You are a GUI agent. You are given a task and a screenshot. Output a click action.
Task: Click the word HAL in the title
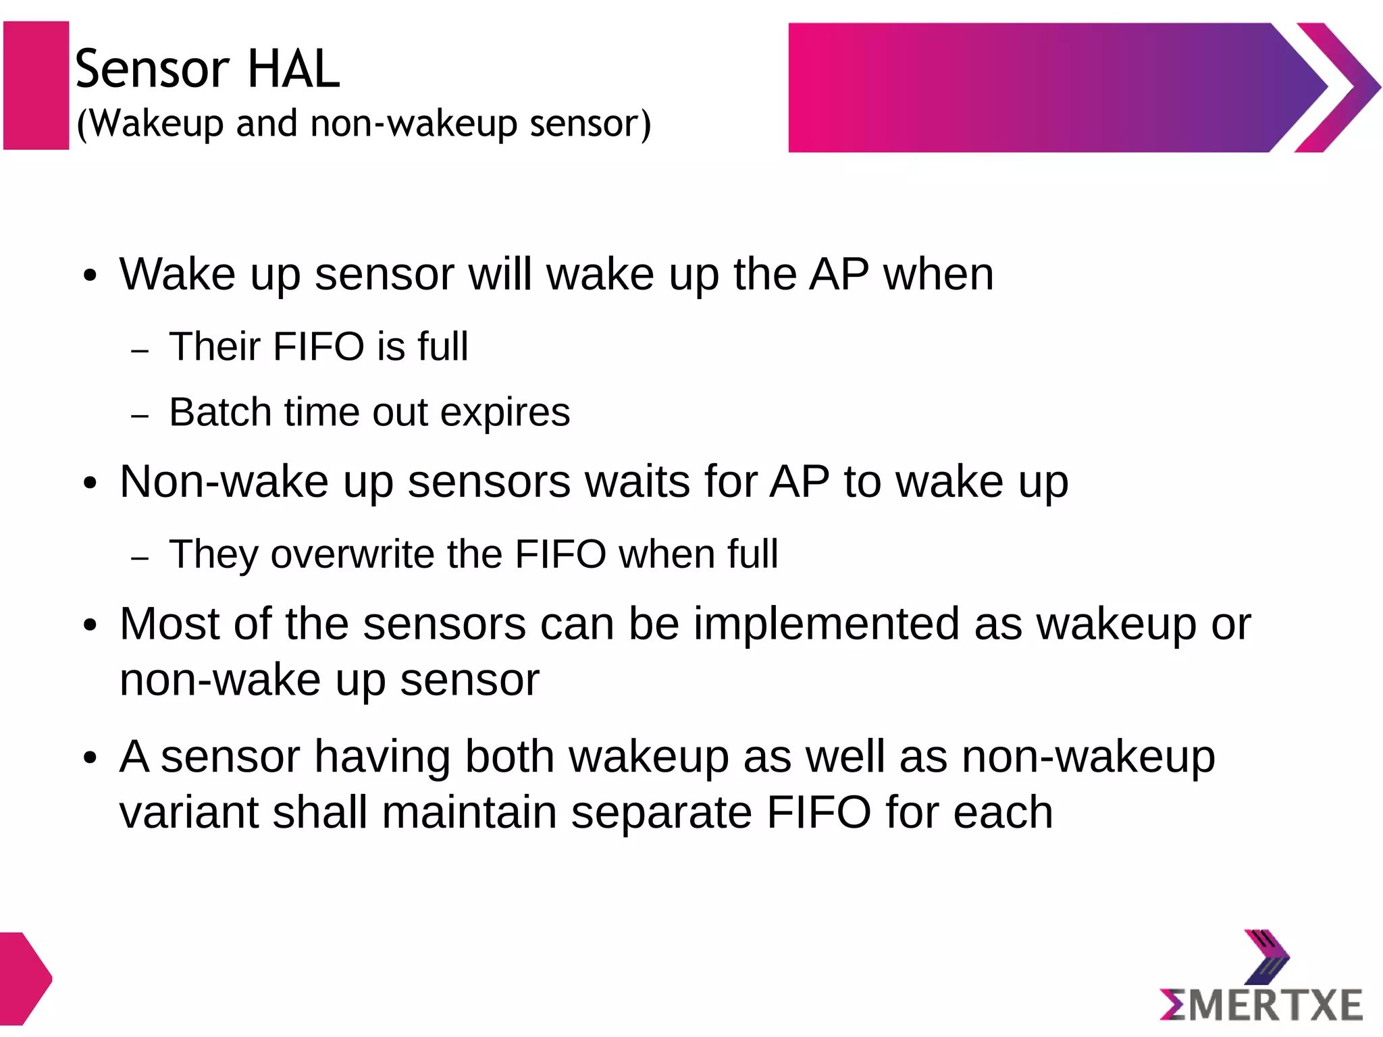tap(294, 69)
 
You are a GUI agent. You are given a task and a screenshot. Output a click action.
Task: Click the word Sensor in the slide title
tap(152, 69)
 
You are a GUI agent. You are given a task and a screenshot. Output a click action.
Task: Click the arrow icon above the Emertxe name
tap(1267, 956)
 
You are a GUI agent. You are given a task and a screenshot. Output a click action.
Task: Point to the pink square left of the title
tap(36, 85)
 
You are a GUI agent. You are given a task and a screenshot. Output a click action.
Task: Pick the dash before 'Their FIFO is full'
tap(140, 351)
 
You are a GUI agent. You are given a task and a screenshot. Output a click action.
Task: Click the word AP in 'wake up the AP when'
tap(839, 274)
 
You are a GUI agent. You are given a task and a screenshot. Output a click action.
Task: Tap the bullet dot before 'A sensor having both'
tap(90, 757)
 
